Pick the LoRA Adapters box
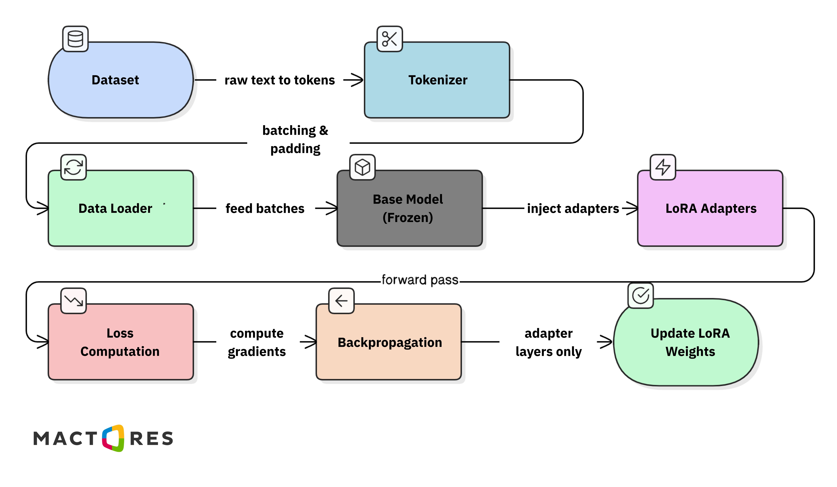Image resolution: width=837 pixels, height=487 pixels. coord(710,208)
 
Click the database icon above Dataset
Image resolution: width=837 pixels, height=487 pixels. coord(75,39)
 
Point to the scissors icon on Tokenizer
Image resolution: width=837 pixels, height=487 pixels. coord(390,39)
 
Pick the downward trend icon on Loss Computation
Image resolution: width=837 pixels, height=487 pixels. coord(73,301)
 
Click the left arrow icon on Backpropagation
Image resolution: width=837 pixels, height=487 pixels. coord(341,301)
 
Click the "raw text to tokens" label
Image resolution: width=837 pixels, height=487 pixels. coord(280,80)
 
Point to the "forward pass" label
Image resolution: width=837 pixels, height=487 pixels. coord(420,280)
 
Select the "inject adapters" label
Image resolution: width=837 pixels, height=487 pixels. coord(573,208)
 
